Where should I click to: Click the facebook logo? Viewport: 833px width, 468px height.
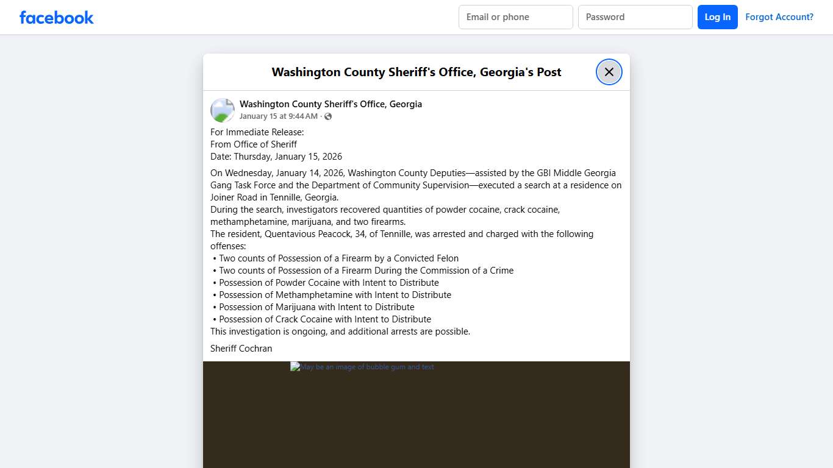pos(57,17)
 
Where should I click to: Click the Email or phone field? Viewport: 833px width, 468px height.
pos(515,17)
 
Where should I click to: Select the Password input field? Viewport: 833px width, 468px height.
pos(635,17)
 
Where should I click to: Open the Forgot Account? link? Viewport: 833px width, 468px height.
pos(779,17)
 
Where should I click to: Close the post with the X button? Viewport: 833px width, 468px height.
pos(609,72)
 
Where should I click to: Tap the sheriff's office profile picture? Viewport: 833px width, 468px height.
pos(223,110)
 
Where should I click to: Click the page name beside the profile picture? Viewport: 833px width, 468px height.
pos(331,104)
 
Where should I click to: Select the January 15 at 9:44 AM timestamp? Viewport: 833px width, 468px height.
pos(278,116)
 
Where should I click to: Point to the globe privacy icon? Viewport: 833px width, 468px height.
pos(328,116)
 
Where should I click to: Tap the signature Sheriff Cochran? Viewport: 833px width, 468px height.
pos(241,349)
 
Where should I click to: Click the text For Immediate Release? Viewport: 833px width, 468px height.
pos(257,132)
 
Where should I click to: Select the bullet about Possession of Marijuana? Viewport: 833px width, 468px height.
pos(316,307)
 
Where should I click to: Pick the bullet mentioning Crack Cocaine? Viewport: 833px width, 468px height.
pos(324,319)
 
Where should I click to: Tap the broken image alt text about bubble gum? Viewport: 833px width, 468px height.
pos(362,367)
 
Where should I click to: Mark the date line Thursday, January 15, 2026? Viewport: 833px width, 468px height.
pos(276,157)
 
